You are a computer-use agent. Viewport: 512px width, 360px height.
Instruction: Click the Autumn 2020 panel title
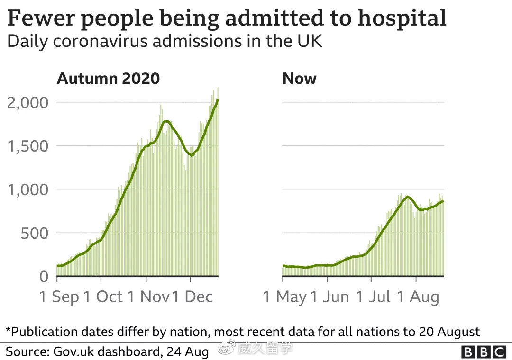108,78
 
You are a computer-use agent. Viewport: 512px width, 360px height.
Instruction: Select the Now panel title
299,78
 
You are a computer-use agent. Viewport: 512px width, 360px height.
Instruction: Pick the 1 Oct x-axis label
103,297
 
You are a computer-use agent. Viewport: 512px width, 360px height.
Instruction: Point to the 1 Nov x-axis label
148,297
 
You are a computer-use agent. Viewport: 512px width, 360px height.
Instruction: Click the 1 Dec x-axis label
192,297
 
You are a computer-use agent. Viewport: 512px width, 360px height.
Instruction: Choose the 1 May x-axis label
285,297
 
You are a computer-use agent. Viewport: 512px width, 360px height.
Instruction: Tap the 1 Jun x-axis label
330,297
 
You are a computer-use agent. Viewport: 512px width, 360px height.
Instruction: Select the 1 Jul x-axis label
374,297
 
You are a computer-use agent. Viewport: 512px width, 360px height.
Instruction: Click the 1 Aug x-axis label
417,297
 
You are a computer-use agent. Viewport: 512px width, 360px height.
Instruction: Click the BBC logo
483,352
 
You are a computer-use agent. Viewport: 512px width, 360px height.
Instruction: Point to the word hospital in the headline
402,18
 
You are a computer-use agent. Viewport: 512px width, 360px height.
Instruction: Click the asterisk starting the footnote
8,330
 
